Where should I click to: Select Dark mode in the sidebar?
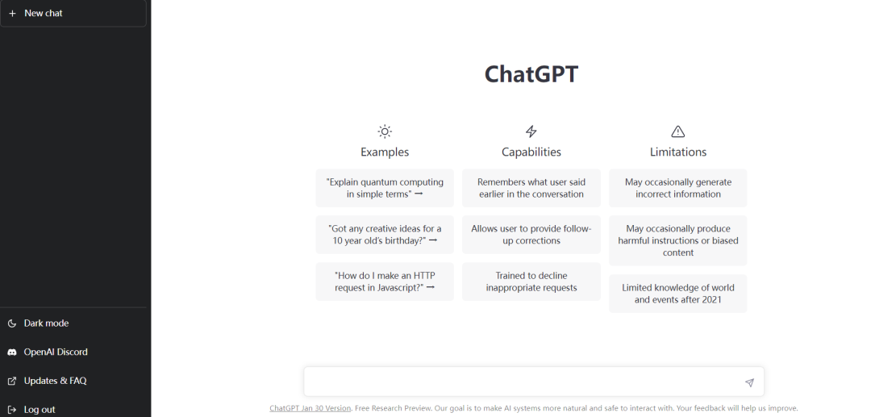(x=46, y=323)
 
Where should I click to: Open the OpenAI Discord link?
(x=55, y=352)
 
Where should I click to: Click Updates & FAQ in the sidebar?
(x=55, y=381)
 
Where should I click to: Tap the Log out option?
(x=39, y=409)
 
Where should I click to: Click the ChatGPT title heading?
(x=531, y=74)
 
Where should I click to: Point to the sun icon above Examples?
(x=385, y=131)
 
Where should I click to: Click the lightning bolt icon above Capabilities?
(x=531, y=131)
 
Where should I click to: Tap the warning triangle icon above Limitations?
(x=677, y=131)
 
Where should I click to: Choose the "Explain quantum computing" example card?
(x=385, y=188)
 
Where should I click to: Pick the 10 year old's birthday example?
(x=385, y=235)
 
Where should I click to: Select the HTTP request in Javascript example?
(x=385, y=281)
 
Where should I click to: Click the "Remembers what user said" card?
(x=531, y=188)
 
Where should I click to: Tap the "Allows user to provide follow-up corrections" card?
(x=531, y=235)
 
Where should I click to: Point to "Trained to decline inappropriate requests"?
(x=531, y=281)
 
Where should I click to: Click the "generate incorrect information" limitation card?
(x=677, y=188)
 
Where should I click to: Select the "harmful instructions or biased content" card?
(x=677, y=240)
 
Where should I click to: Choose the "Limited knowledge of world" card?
(x=677, y=294)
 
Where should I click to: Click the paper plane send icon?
(x=749, y=382)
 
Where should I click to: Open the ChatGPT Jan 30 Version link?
(x=310, y=408)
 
